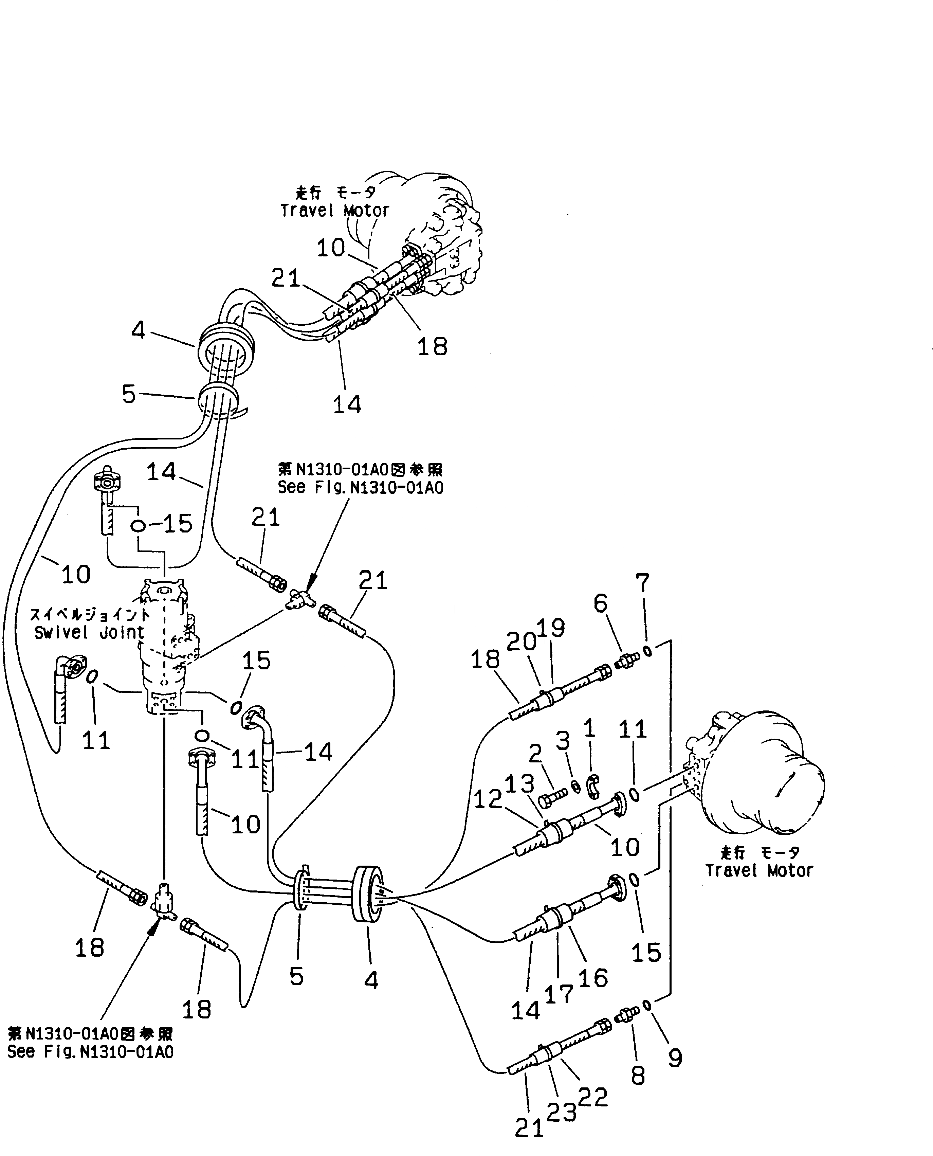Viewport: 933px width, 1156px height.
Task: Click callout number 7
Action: click(642, 582)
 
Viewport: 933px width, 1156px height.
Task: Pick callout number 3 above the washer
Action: click(562, 741)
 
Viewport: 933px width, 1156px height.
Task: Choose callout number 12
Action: click(488, 799)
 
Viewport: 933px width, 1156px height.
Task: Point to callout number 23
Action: click(562, 1112)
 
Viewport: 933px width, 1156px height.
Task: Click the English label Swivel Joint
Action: click(89, 633)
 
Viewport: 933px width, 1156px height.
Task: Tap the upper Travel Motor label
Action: click(334, 210)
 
